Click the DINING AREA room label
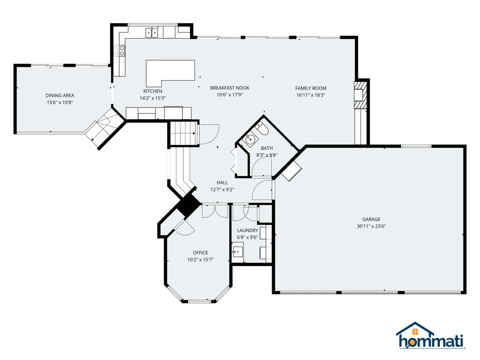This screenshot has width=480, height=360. point(60,95)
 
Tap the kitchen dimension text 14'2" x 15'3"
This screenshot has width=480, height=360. point(153,98)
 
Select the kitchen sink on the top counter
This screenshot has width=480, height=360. point(152,32)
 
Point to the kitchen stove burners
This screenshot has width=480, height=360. point(120,51)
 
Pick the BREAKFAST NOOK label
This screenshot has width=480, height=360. point(230,88)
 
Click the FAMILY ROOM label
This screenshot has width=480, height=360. point(311,88)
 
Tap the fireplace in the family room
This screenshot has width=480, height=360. point(360,95)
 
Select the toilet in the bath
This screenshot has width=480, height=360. point(262,129)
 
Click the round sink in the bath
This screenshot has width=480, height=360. point(250,139)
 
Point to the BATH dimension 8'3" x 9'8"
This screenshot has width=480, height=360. point(266,155)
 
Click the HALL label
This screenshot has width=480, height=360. point(222,183)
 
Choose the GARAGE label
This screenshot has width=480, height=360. point(371,219)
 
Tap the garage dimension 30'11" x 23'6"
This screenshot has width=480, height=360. point(371,227)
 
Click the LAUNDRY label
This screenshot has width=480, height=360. point(248,230)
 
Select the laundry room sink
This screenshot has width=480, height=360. point(237,252)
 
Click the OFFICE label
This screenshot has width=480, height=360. point(201,253)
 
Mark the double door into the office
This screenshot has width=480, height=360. point(215,211)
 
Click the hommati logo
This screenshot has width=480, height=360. point(431,335)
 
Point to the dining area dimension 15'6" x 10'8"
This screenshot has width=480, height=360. point(60,103)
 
